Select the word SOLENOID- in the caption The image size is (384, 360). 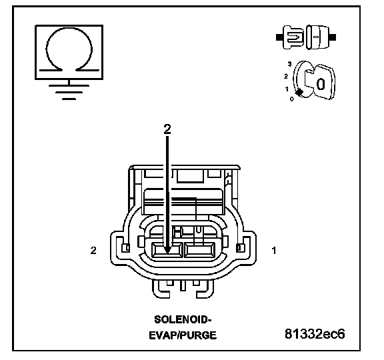click(183, 319)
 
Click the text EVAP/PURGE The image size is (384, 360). click(183, 335)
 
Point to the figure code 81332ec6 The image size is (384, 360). click(315, 333)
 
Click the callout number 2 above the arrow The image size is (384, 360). click(167, 129)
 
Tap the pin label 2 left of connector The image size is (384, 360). click(93, 250)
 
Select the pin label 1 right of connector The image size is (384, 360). click(274, 250)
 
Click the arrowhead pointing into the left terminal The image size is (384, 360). click(167, 250)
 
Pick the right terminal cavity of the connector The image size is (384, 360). click(199, 250)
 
